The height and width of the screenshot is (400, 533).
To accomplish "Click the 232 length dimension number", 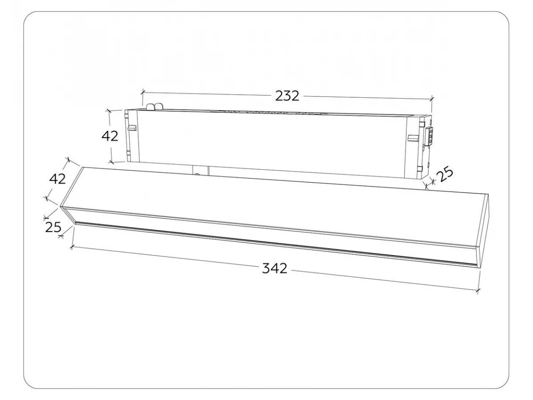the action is pyautogui.click(x=287, y=96).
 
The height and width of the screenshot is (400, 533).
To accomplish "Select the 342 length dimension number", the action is pyautogui.click(x=274, y=268).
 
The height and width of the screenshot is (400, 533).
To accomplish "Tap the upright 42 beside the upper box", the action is pyautogui.click(x=110, y=136).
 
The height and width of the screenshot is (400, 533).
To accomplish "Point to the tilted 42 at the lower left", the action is pyautogui.click(x=57, y=179).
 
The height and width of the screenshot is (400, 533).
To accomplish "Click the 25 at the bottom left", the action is pyautogui.click(x=53, y=227).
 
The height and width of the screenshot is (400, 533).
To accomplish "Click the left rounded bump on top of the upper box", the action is pyautogui.click(x=150, y=106).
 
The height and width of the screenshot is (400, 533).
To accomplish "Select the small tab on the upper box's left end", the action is pyautogui.click(x=132, y=128).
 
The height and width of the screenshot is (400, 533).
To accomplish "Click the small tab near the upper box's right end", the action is pyautogui.click(x=413, y=138).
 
